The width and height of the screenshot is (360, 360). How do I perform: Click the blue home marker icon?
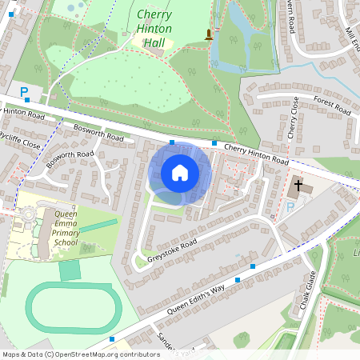(180, 172)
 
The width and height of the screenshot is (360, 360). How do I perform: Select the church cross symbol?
(298, 186)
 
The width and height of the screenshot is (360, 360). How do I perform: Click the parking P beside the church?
(290, 207)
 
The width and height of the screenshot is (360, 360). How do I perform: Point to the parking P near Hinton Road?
(24, 92)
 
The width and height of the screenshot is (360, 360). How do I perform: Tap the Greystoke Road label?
(166, 254)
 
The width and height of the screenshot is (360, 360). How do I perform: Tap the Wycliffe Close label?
(19, 140)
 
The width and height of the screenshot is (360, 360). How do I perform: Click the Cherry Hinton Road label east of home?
(256, 153)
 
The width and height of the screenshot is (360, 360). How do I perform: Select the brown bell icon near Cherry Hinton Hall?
(210, 34)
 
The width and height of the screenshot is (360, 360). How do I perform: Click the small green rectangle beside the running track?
(70, 270)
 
